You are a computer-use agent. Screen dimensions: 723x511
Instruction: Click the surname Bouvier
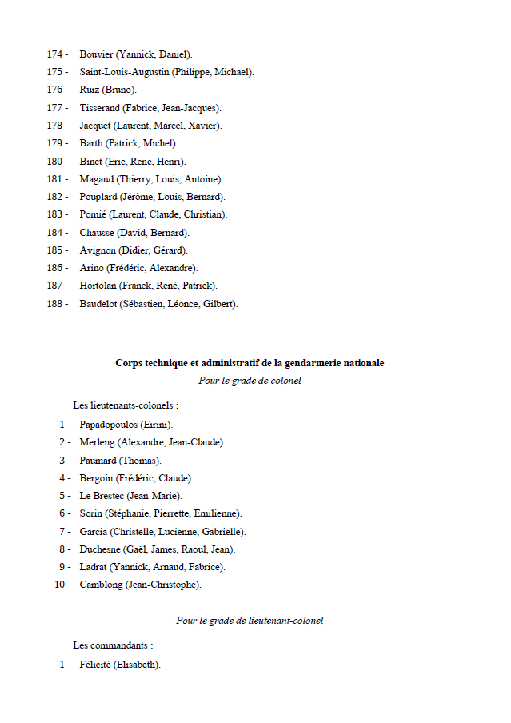tap(96, 54)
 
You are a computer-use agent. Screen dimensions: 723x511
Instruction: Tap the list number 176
tap(57, 90)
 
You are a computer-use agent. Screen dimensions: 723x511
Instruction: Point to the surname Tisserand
tap(100, 108)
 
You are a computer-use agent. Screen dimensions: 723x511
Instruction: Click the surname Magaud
tap(97, 179)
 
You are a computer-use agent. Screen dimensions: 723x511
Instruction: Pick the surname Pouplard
tap(98, 197)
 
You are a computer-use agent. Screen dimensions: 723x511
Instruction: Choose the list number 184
tap(57, 233)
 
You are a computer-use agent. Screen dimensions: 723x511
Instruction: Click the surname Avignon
tap(98, 250)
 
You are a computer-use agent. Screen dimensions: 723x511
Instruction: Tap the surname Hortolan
tap(98, 286)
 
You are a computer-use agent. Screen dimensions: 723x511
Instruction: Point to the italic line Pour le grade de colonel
tap(250, 381)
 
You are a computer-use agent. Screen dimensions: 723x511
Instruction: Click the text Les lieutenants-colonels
tap(125, 406)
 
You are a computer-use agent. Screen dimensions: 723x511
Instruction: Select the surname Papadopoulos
tap(108, 425)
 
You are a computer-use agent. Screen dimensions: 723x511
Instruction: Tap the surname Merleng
tap(97, 442)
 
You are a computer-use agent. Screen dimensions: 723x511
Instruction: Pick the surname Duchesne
tap(99, 549)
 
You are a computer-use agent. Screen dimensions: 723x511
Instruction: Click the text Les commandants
tap(112, 645)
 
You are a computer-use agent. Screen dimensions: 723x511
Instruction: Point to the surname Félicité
tap(95, 665)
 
